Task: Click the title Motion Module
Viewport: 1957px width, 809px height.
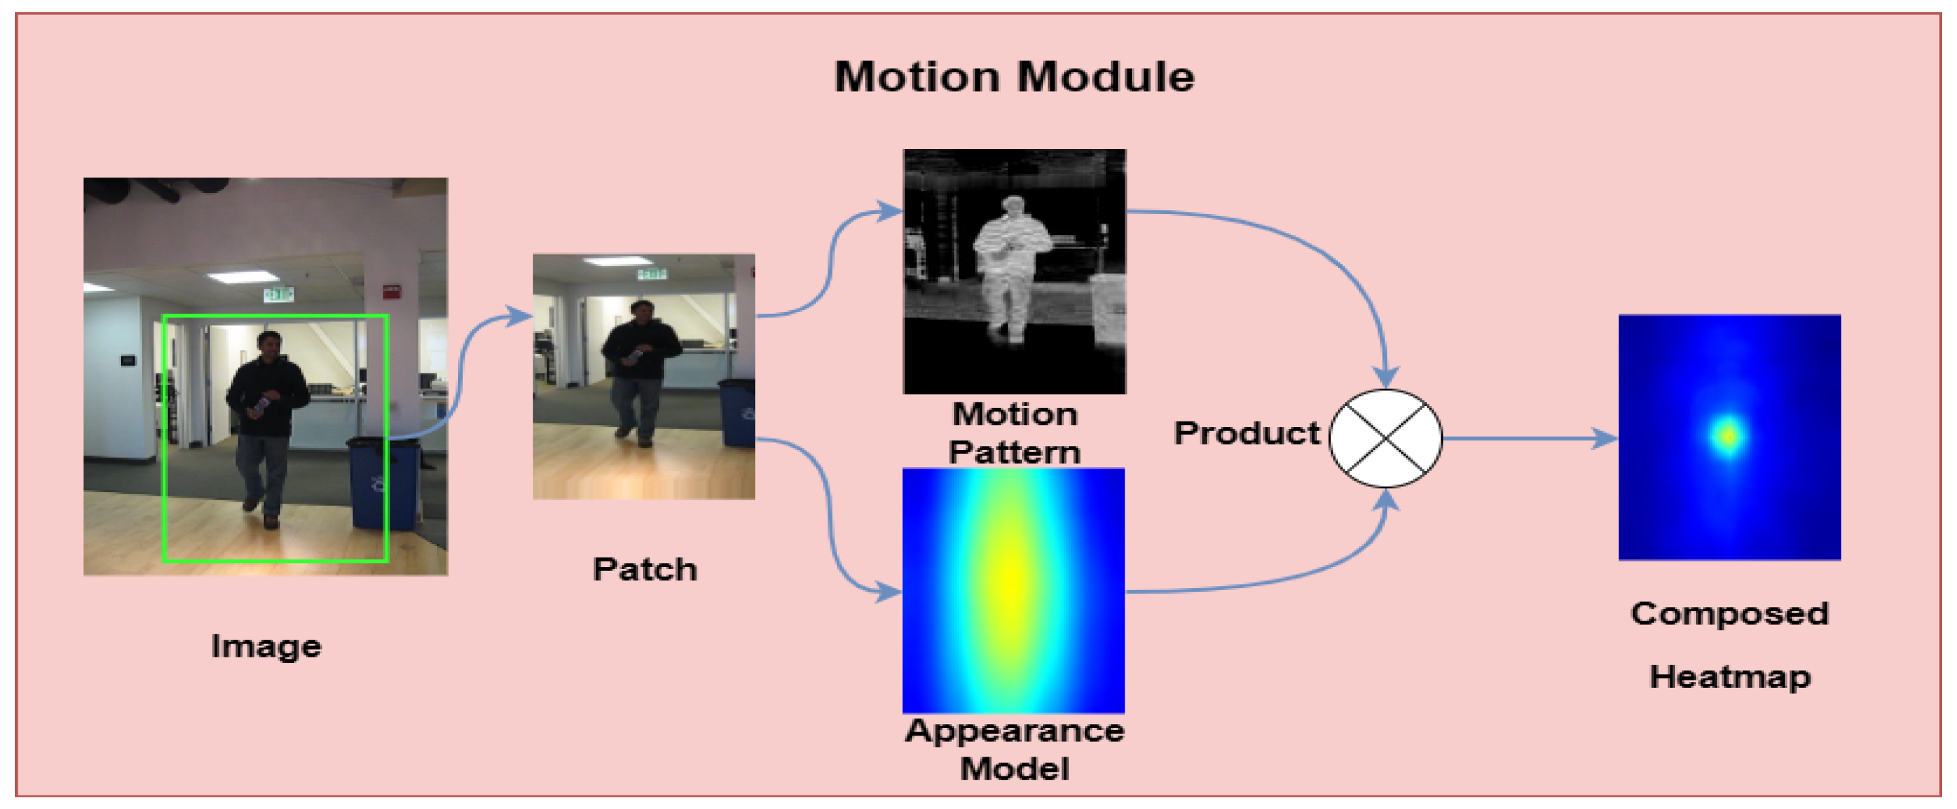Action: coord(1015,77)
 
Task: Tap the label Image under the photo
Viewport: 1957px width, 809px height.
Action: coord(266,647)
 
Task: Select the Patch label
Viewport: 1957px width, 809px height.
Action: coord(644,569)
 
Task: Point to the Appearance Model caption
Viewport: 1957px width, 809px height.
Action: coord(1015,749)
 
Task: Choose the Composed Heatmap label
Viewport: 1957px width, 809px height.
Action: coord(1730,644)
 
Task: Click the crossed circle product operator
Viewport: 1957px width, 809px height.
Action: coord(1386,438)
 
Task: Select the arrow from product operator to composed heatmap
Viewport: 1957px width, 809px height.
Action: coord(1530,438)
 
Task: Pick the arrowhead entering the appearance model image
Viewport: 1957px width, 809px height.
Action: coord(889,591)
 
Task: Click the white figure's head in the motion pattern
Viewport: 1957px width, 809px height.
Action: coord(1012,207)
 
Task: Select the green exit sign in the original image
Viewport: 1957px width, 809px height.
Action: coord(277,294)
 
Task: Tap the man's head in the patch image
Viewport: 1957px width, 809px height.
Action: coord(643,312)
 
